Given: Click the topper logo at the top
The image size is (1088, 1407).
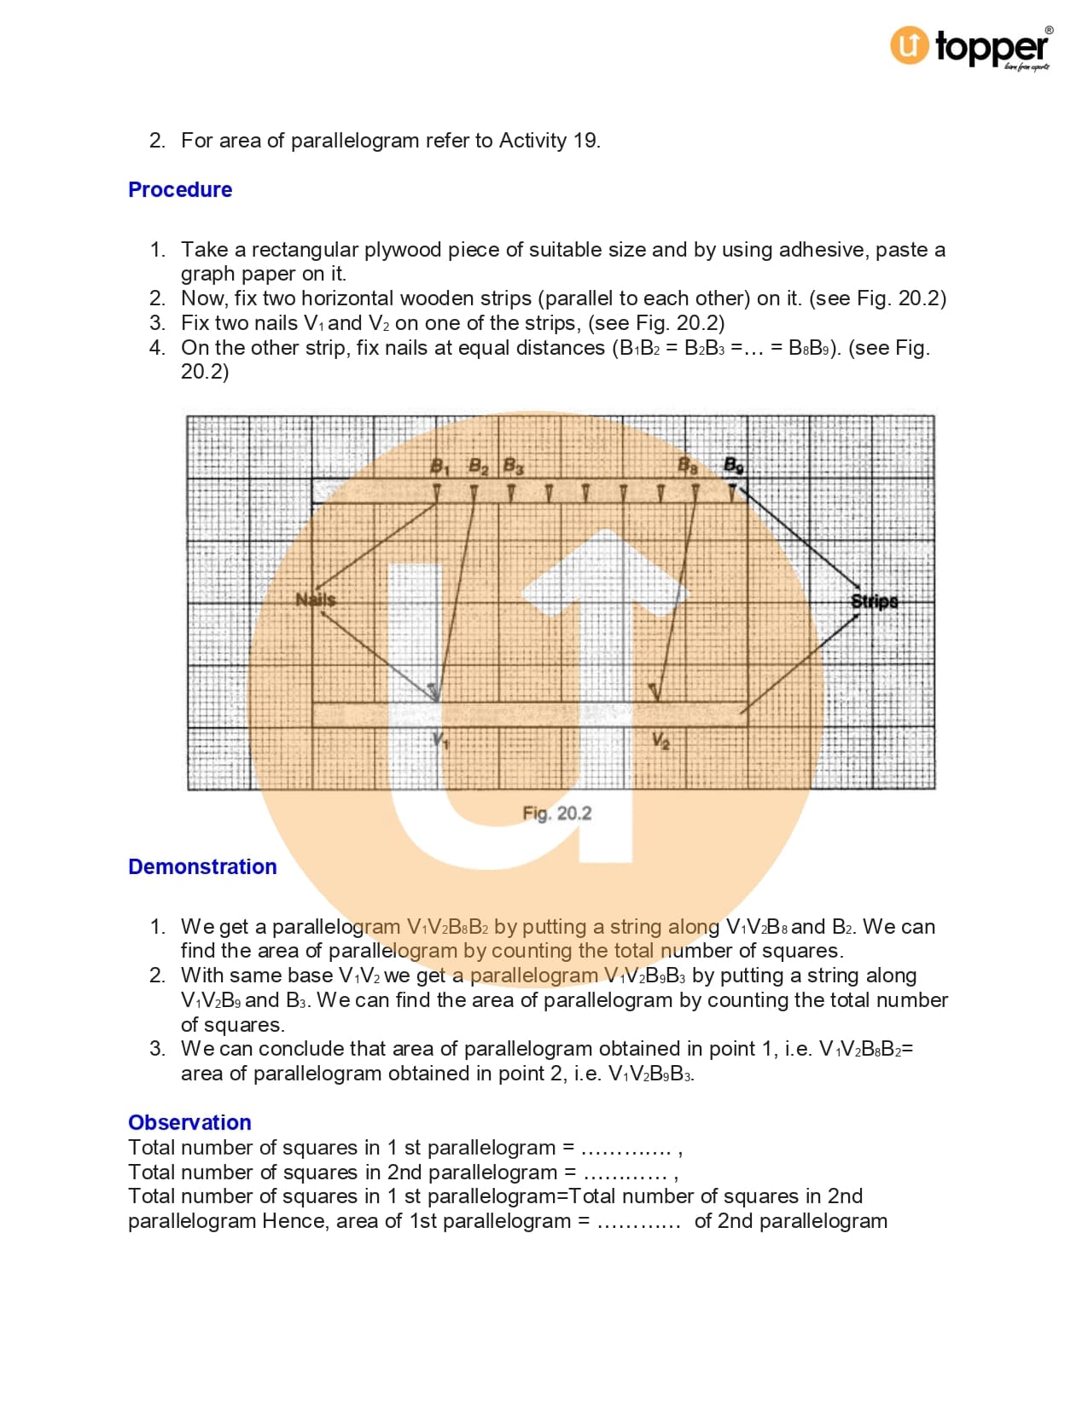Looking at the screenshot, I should coord(969,47).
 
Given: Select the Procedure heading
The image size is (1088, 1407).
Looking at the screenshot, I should coord(179,189).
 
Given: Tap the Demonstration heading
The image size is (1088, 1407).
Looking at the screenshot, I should coord(202,866).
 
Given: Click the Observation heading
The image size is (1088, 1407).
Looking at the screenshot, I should coord(189,1122).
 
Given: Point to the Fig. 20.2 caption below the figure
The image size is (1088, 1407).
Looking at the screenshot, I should coord(556,814).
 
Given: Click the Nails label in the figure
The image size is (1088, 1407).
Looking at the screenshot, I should coord(315,599).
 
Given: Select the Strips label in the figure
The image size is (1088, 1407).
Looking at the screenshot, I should coord(875,601).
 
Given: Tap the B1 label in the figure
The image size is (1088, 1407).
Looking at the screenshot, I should coord(439,466).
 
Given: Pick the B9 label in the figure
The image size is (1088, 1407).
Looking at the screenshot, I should coord(734,466).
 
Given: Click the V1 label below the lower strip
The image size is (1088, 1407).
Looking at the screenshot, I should coord(440,740).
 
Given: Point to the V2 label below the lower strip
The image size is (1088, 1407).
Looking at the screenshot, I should coord(660,740).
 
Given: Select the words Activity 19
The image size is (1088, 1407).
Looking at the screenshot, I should coord(549,141).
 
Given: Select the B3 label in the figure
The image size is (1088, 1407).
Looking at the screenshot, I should coord(513,466).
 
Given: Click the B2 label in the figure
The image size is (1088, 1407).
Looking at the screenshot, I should coord(479,466).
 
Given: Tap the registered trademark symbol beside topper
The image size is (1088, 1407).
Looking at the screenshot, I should coord(1049,31).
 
